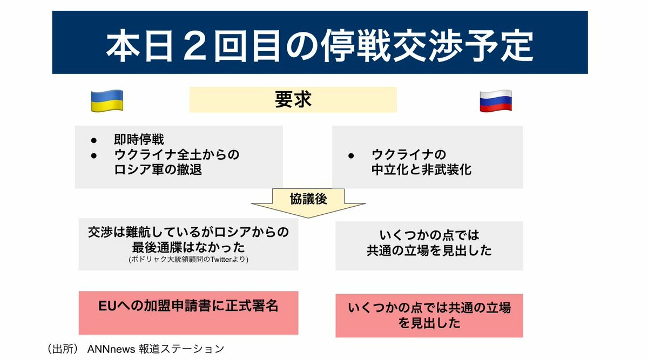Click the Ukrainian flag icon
coord(107,100)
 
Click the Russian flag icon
coord(496,100)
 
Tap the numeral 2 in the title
coord(194,46)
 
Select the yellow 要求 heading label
coord(293,100)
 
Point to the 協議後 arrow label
coord(308,199)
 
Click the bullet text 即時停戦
coord(139,140)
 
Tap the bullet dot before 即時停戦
coord(94,140)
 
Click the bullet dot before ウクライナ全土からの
coord(94,155)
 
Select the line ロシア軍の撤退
coord(158,169)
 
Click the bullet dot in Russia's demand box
coord(351,156)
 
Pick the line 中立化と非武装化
coord(422,169)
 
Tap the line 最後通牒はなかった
coord(188,247)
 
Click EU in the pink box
coord(107,306)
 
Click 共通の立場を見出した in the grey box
coord(429,250)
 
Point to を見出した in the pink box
coord(429,323)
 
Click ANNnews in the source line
coord(111,349)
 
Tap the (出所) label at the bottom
coord(63,349)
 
